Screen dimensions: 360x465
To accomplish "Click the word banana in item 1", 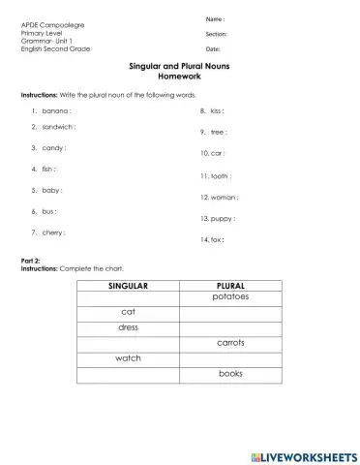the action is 56,111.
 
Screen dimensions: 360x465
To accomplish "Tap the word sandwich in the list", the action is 59,127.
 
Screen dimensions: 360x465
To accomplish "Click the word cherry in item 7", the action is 54,232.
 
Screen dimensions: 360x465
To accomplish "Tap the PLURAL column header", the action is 230,286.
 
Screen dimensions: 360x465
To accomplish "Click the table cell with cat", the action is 129,312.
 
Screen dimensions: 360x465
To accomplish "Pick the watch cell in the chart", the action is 129,358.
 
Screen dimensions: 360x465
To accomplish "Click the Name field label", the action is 215,19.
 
